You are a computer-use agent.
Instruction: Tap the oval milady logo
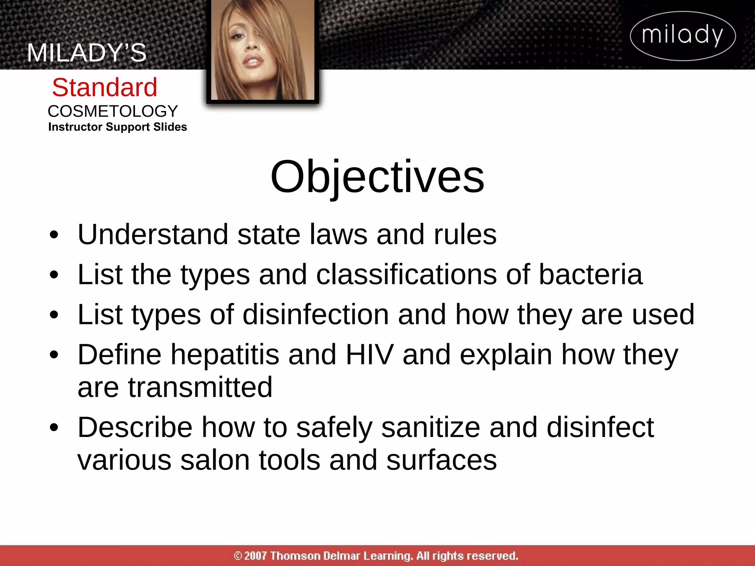click(683, 36)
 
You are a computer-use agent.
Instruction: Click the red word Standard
click(105, 88)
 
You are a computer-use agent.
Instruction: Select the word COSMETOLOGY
click(113, 111)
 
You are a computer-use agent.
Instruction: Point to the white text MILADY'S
click(87, 53)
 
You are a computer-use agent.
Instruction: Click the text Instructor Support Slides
click(118, 127)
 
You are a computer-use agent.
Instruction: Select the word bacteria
click(591, 275)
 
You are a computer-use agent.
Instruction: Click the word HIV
click(369, 354)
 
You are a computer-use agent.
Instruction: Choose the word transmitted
click(200, 387)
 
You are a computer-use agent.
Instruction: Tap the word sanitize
click(430, 427)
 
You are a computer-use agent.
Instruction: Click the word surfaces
click(441, 460)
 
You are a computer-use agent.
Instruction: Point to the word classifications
click(406, 275)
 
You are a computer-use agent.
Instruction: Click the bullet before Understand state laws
click(54, 235)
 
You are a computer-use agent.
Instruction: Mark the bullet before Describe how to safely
click(54, 428)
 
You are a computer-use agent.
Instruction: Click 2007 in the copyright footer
click(255, 556)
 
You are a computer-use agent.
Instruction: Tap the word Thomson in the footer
click(295, 556)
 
